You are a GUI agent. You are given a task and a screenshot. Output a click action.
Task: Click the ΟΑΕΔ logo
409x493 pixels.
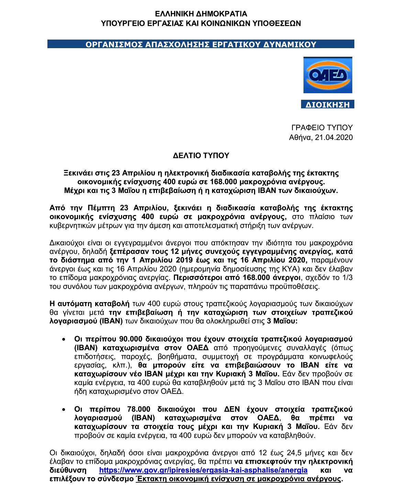328,75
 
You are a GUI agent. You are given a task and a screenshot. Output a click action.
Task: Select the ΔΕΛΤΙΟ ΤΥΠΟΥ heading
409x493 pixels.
201,156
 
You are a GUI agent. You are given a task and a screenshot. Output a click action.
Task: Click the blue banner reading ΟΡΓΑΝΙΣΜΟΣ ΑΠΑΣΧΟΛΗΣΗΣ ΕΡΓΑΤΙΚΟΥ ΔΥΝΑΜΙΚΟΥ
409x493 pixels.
201,44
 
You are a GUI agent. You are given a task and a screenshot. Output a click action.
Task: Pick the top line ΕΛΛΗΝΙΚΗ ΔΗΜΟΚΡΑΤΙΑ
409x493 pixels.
201,14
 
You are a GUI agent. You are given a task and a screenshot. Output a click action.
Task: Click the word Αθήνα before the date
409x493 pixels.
299,138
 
